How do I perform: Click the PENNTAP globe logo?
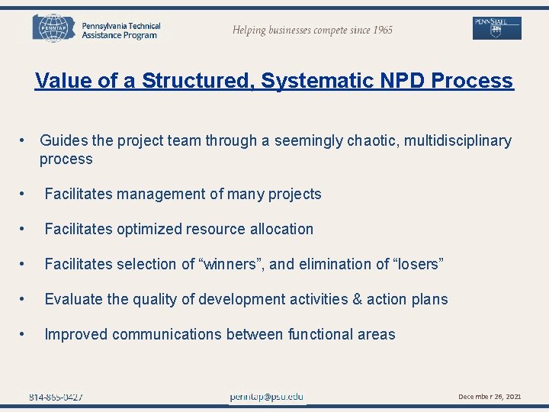pyautogui.click(x=54, y=28)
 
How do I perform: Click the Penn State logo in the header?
pyautogui.click(x=497, y=28)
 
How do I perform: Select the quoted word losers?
pyautogui.click(x=411, y=265)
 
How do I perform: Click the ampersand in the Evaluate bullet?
pyautogui.click(x=357, y=300)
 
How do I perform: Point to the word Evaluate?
pyautogui.click(x=74, y=300)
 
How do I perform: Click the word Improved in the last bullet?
pyautogui.click(x=75, y=335)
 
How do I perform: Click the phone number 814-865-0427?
pyautogui.click(x=56, y=397)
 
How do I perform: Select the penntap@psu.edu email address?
pyautogui.click(x=267, y=397)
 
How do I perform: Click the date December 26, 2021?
pyautogui.click(x=490, y=397)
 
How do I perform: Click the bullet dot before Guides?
pyautogui.click(x=24, y=141)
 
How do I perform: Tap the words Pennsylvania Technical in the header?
pyautogui.click(x=121, y=26)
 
